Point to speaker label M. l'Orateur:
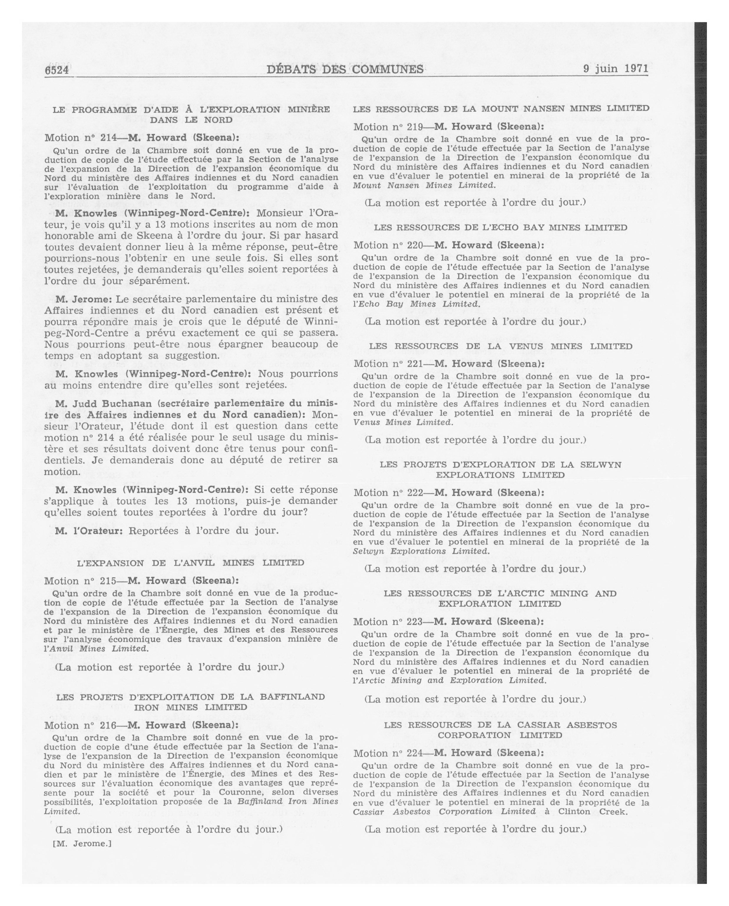tap(89, 530)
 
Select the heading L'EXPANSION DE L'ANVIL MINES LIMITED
tap(191, 563)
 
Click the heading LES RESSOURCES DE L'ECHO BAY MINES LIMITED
tap(500, 227)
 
